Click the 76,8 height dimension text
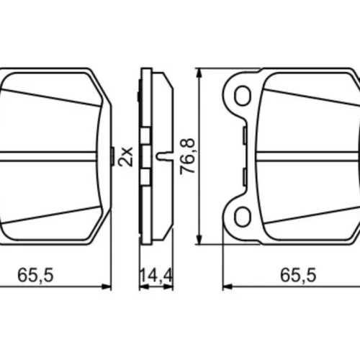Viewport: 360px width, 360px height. pyautogui.click(x=187, y=156)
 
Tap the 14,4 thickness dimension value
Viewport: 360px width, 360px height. pyautogui.click(x=156, y=275)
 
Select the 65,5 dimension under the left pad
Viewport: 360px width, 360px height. pyautogui.click(x=35, y=275)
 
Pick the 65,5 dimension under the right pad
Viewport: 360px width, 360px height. pyautogui.click(x=298, y=275)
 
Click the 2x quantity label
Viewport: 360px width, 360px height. pyautogui.click(x=125, y=156)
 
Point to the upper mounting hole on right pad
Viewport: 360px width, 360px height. pyautogui.click(x=243, y=96)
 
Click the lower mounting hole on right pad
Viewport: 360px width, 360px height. pyautogui.click(x=243, y=217)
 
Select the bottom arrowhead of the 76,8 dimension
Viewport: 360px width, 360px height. pyautogui.click(x=199, y=240)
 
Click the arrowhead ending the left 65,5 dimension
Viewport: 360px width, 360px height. pyautogui.click(x=107, y=287)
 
